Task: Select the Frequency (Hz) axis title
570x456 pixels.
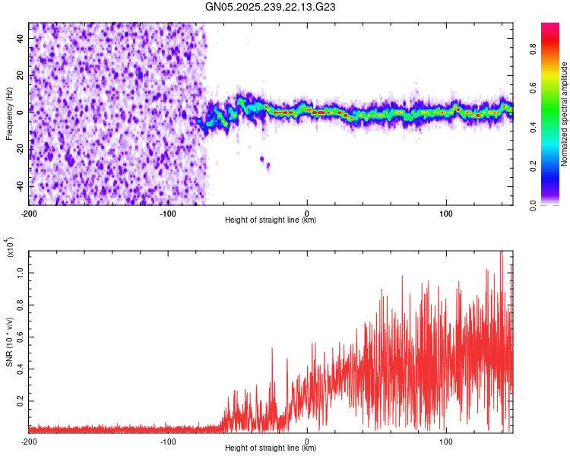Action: (x=9, y=114)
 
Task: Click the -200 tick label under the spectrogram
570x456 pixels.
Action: (x=29, y=211)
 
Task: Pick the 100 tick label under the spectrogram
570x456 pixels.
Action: (x=445, y=211)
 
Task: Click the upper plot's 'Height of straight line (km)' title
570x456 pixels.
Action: (x=271, y=220)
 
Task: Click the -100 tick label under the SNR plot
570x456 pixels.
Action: (x=168, y=441)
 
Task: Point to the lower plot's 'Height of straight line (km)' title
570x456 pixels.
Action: (x=271, y=449)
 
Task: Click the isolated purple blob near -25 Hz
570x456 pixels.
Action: (x=263, y=160)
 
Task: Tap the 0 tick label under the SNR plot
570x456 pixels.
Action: (x=307, y=441)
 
